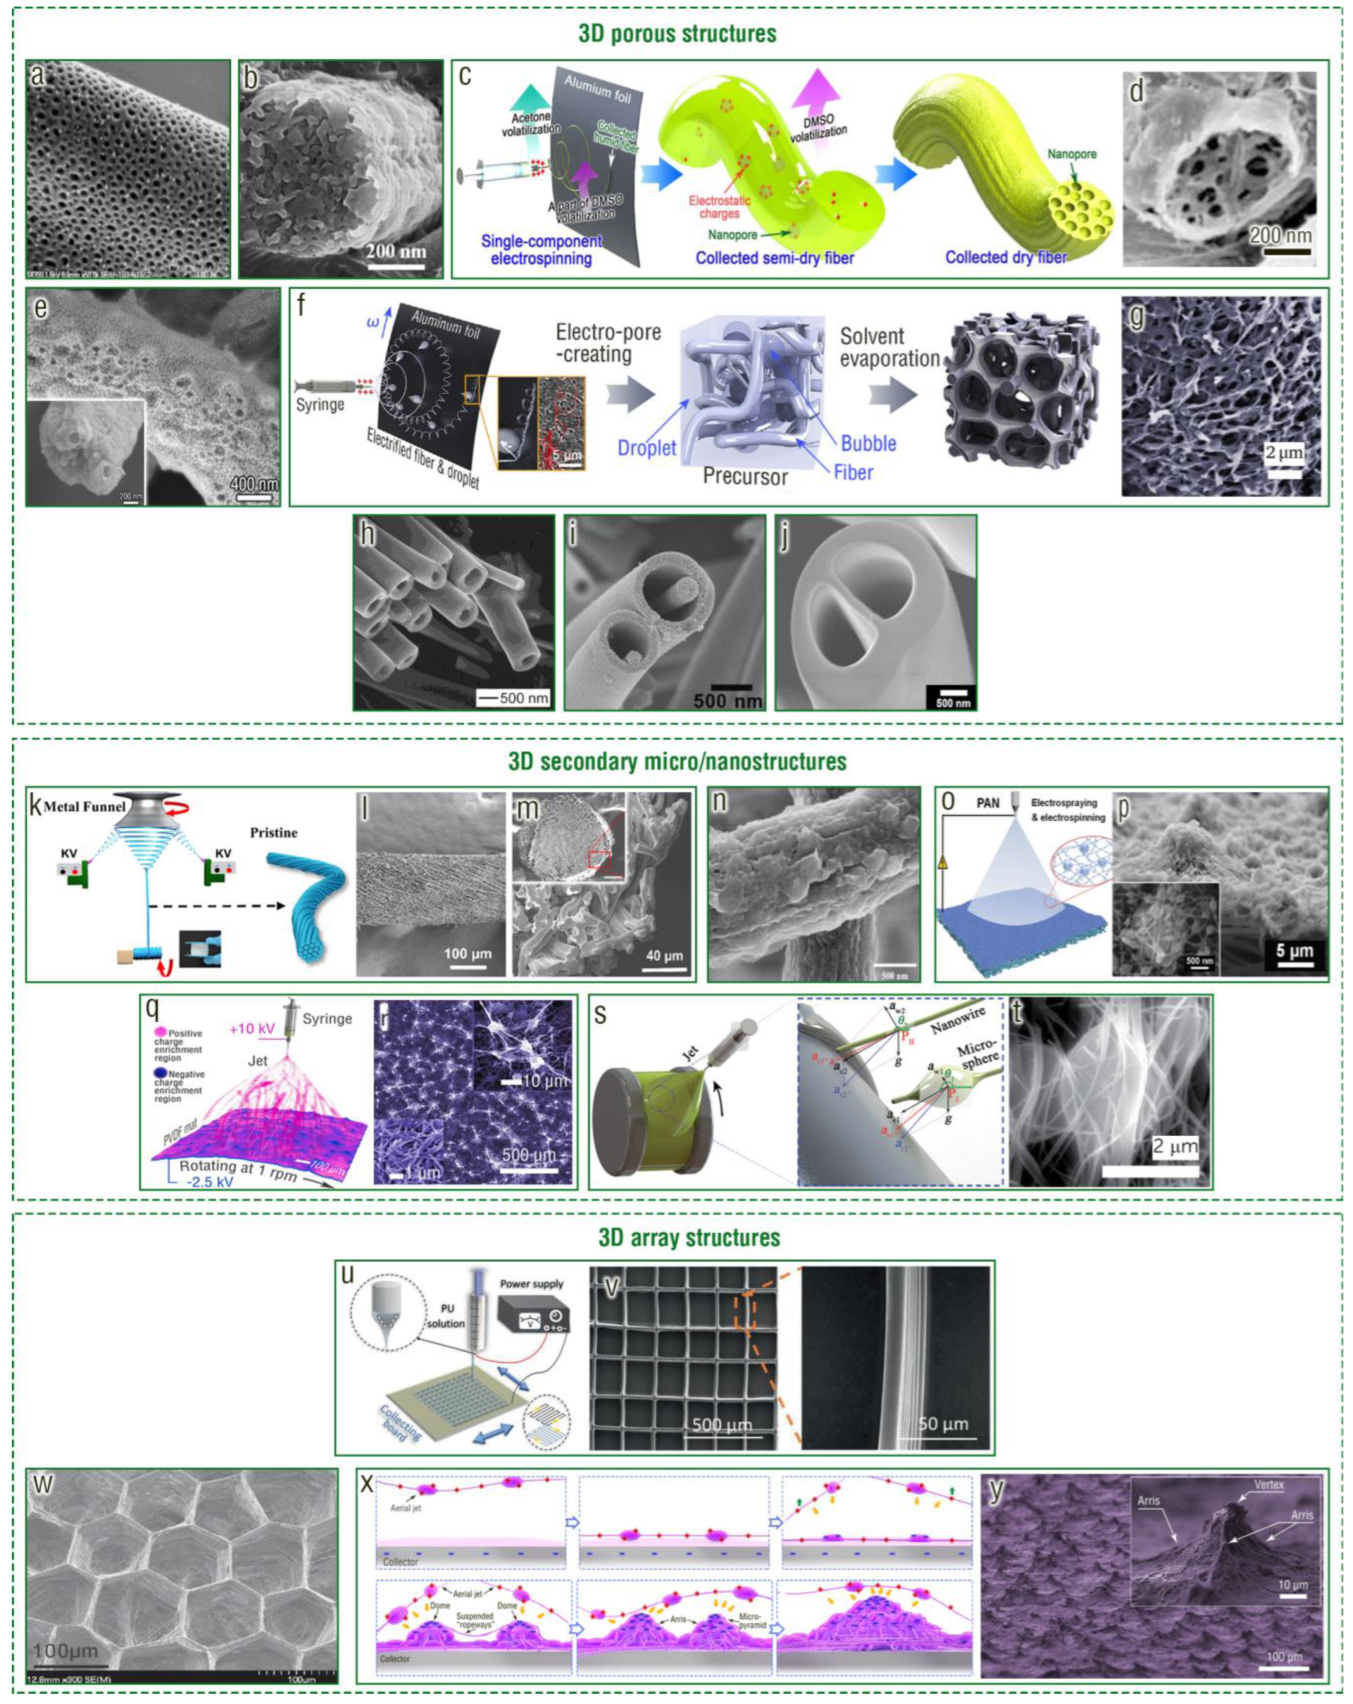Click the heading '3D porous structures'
(x=677, y=34)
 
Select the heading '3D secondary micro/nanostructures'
(x=677, y=761)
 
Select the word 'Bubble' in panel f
(x=869, y=443)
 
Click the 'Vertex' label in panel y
(x=1267, y=1484)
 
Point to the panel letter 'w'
(x=42, y=1484)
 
